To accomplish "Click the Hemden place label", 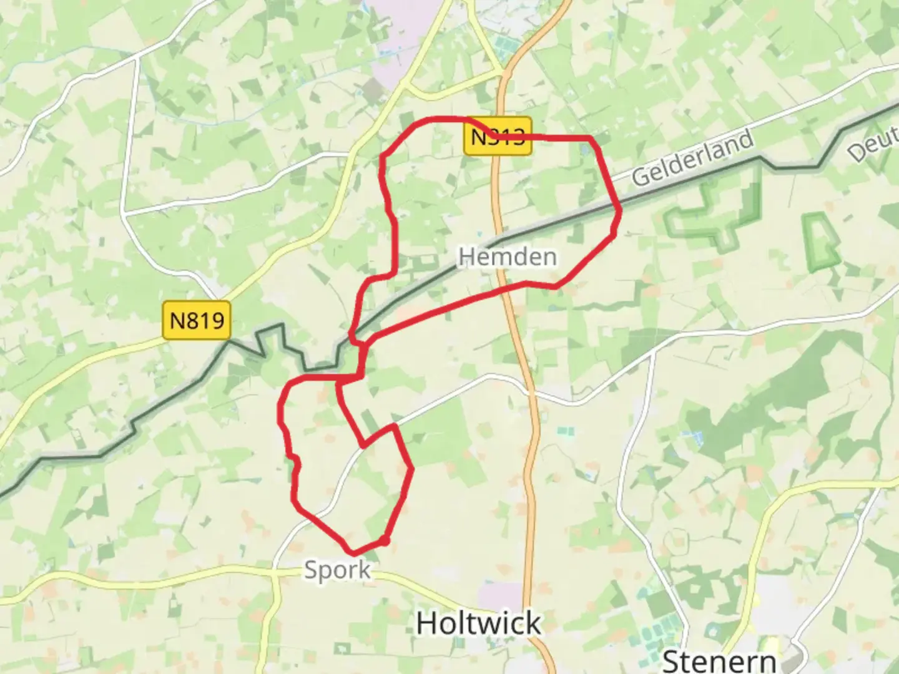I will pos(507,256).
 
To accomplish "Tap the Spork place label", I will pos(337,569).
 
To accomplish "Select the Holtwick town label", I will pos(478,623).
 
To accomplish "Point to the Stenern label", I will pos(719,660).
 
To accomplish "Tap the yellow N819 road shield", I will pos(197,321).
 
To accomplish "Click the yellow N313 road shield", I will pos(498,136).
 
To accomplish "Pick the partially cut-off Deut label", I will pos(874,147).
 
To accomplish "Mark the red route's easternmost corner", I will pos(620,211).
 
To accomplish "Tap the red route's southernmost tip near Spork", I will pos(354,553).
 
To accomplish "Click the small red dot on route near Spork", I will pos(385,540).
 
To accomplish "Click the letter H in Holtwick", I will pos(427,623).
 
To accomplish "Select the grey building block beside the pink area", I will pos(375,91).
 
